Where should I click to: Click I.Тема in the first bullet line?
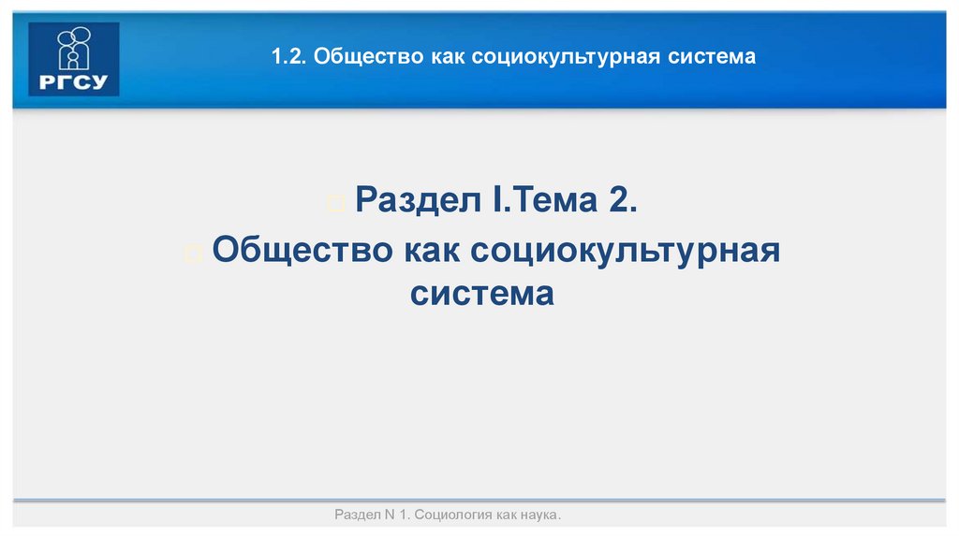[531, 200]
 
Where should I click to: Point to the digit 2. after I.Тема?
[621, 200]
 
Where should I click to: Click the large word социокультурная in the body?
[626, 251]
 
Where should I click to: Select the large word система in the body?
[481, 294]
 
